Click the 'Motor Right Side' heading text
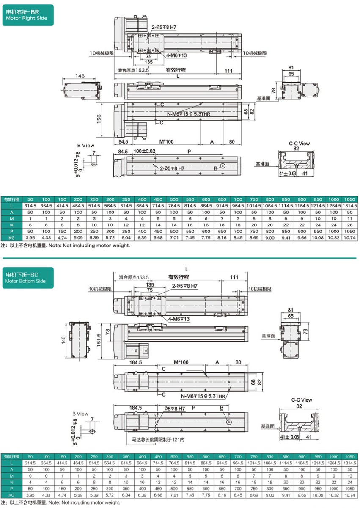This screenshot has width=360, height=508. (x=26, y=19)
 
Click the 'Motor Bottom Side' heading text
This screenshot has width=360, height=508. (x=25, y=281)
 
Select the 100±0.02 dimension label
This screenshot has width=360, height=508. (x=144, y=151)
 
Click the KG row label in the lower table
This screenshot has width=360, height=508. (x=12, y=495)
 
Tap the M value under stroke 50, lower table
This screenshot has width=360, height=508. (x=30, y=476)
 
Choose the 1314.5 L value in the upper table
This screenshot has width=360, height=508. (x=350, y=206)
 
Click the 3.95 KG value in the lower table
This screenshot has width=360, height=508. (x=30, y=495)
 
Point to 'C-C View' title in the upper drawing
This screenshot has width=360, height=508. (x=299, y=144)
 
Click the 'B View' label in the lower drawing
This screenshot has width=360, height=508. (x=80, y=414)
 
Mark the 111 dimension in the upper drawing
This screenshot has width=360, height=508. (x=228, y=71)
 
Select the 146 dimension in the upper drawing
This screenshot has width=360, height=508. (x=80, y=76)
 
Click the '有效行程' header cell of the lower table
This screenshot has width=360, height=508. (x=12, y=457)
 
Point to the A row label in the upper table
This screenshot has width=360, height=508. (x=12, y=212)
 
